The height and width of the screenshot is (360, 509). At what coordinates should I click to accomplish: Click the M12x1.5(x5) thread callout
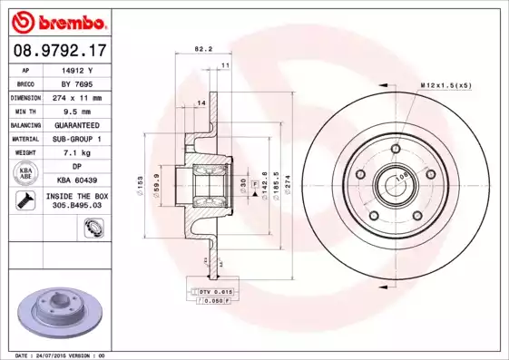click(446, 84)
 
